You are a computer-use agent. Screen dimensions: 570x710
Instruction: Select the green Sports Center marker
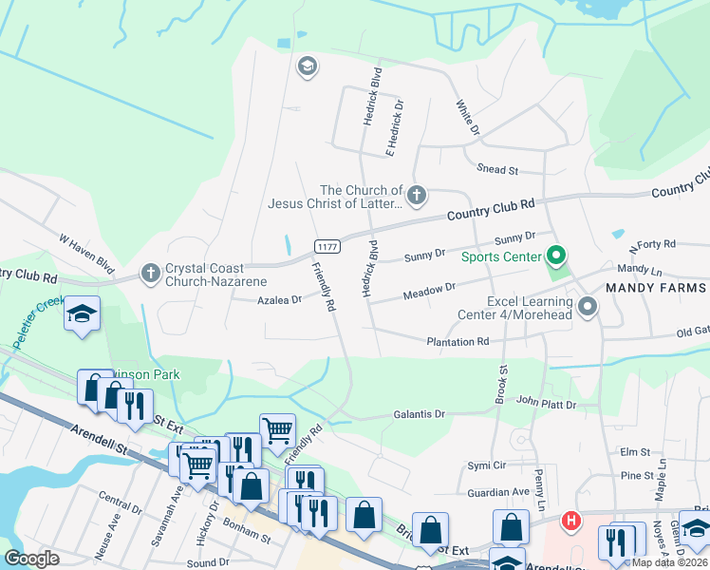pos(556,256)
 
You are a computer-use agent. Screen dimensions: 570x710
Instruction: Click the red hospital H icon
pos(570,521)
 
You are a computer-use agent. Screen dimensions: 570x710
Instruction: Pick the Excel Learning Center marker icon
pos(588,307)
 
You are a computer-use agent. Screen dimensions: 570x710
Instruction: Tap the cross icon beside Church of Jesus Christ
pos(417,196)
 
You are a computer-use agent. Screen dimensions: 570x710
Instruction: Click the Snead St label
pos(497,170)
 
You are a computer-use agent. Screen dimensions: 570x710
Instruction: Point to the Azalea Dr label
pos(279,299)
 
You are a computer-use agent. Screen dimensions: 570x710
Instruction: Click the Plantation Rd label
pos(458,341)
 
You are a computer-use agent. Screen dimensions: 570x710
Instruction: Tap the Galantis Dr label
pos(419,414)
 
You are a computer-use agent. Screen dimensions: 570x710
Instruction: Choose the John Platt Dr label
pos(548,404)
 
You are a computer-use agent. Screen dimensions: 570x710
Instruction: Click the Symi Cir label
pos(485,465)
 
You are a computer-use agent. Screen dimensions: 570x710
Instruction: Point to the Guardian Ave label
pos(498,492)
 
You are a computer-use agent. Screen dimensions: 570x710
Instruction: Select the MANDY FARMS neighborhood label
pos(656,288)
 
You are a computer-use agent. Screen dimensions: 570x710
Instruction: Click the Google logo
pos(32,559)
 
